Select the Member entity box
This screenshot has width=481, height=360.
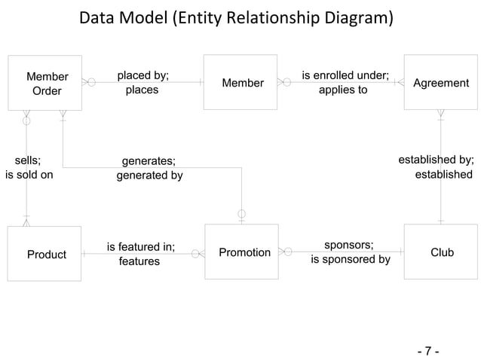pyautogui.click(x=240, y=82)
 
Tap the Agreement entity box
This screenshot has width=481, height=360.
pyautogui.click(x=440, y=82)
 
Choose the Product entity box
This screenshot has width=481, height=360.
pyautogui.click(x=45, y=254)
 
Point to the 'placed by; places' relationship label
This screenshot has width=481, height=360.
pyautogui.click(x=142, y=82)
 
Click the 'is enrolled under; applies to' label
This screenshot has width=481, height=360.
pyautogui.click(x=344, y=82)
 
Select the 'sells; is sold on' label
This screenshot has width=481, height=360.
pyautogui.click(x=29, y=167)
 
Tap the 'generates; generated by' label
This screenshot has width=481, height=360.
pyautogui.click(x=149, y=167)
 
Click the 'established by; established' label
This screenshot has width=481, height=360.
pyautogui.click(x=436, y=166)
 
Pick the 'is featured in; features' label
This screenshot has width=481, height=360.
pyautogui.click(x=140, y=254)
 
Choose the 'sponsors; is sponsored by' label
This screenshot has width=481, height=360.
pyautogui.click(x=349, y=252)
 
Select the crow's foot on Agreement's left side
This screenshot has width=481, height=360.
pyautogui.click(x=399, y=82)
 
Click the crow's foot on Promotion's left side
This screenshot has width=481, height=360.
pyautogui.click(x=199, y=254)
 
